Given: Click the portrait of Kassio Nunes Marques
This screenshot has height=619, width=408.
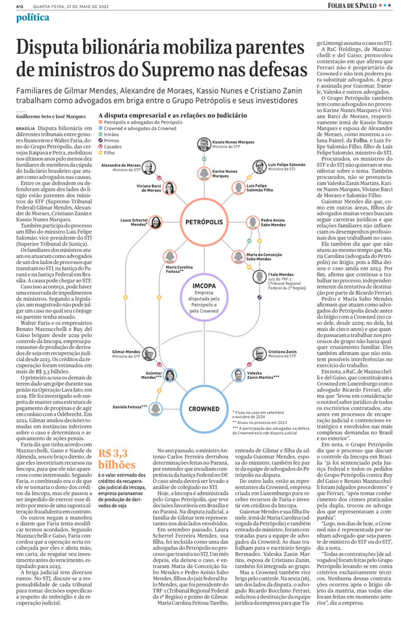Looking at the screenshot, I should [204, 144].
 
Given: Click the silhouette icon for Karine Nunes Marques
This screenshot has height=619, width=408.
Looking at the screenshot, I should [204, 173].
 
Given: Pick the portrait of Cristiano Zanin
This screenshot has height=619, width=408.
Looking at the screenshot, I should [260, 354].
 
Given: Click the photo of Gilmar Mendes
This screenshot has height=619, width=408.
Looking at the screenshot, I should [149, 354].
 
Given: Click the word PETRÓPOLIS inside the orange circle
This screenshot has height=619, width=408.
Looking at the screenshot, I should [204, 222].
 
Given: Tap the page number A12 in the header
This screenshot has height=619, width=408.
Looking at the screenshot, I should [20, 6].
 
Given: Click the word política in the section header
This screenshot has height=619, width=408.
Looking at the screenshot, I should [32, 18].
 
